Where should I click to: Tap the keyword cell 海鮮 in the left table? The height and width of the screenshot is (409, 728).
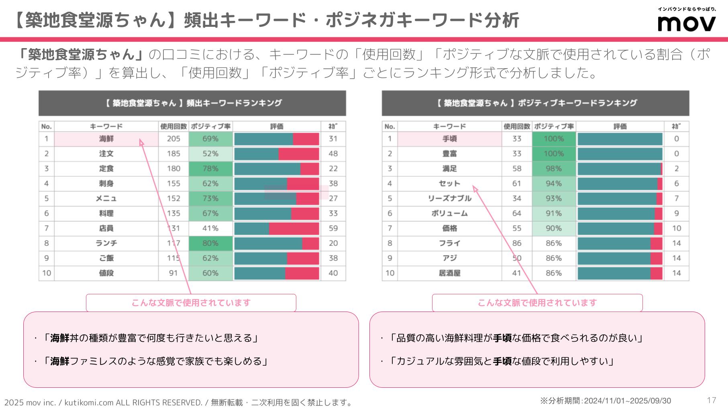(x=106, y=139)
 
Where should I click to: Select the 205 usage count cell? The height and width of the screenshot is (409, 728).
(x=173, y=139)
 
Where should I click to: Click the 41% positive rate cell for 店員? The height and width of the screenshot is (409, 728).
(x=210, y=229)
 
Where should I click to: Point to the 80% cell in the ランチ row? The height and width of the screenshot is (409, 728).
(x=210, y=243)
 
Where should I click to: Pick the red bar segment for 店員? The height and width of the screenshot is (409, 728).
(x=294, y=229)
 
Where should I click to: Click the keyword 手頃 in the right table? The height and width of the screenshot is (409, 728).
(x=449, y=139)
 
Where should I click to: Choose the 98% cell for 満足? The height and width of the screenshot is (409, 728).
(x=553, y=169)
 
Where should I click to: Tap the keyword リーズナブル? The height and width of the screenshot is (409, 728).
(x=449, y=198)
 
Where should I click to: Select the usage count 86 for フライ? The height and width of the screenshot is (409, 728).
(x=517, y=243)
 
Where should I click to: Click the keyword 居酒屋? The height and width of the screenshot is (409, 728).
(x=449, y=273)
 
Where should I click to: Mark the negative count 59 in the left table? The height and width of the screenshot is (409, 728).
(x=333, y=229)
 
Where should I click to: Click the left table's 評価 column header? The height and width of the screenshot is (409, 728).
(x=277, y=126)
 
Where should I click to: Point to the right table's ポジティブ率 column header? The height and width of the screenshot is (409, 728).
(x=553, y=126)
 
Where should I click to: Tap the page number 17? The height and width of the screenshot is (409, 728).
(x=711, y=400)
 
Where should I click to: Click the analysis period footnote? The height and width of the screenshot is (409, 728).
(x=605, y=401)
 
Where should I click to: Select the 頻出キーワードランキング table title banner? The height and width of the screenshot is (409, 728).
(x=192, y=103)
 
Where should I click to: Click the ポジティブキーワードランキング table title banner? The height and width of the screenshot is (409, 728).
(x=535, y=103)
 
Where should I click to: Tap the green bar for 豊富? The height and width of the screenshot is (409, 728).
(x=620, y=154)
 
